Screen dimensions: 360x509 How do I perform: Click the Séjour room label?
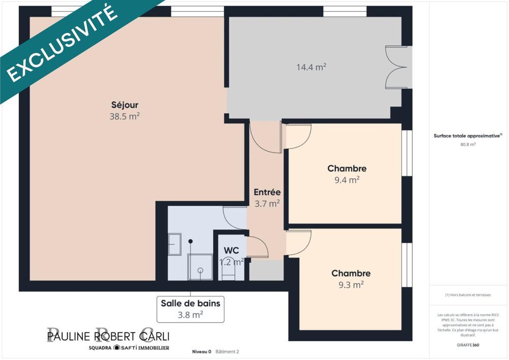125,105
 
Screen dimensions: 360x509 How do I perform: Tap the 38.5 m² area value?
125,116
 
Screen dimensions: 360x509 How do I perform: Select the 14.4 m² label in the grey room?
311,67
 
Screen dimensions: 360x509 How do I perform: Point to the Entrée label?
267,192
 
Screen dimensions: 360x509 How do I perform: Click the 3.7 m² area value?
267,204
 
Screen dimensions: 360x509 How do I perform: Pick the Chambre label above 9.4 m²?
347,169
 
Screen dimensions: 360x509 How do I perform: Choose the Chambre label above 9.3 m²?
351,273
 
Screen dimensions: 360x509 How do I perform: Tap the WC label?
232,251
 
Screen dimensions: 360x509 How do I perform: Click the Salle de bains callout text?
190,303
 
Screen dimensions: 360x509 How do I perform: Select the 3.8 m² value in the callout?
190,314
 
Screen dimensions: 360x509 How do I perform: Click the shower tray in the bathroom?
200,267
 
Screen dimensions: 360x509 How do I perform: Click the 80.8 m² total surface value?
468,145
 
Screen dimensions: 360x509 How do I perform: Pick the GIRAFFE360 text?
468,345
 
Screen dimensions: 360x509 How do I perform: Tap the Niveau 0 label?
202,351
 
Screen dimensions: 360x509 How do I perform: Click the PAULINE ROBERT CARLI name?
108,336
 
